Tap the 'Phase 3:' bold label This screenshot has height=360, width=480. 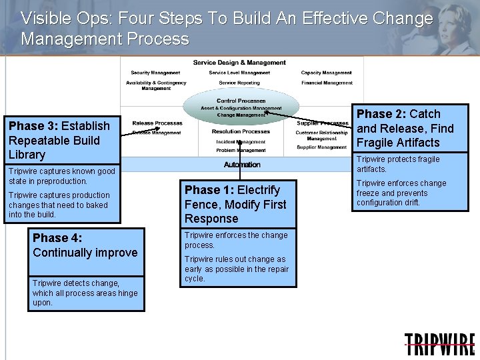[33, 126]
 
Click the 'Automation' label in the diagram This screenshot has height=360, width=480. [242, 165]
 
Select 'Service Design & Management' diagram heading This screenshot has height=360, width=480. [239, 63]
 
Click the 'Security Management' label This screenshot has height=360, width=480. [155, 73]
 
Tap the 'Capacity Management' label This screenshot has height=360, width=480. [326, 73]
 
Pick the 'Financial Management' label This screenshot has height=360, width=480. [327, 83]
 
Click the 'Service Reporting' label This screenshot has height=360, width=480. [239, 83]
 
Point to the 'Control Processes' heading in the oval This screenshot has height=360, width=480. [241, 101]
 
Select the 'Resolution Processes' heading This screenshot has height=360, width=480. [241, 131]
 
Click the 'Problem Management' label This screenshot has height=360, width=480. [241, 151]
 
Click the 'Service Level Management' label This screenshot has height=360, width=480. [239, 73]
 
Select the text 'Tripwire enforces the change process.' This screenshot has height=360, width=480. [236, 240]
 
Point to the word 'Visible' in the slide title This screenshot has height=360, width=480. [45, 18]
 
